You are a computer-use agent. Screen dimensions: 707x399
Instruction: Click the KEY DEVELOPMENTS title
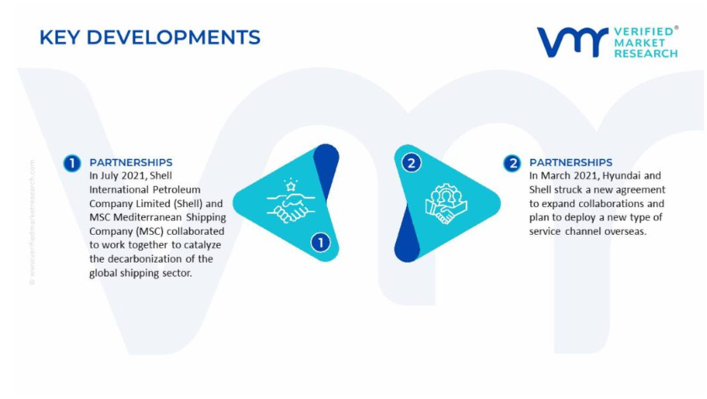150,37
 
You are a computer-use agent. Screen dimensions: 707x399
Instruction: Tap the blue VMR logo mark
572,42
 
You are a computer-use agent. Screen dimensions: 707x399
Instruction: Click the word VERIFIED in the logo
644,32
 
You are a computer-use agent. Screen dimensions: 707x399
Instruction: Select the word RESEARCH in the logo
646,54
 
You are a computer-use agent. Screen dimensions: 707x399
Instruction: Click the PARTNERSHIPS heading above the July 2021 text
131,162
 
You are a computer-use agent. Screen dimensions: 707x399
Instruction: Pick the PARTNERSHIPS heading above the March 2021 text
571,162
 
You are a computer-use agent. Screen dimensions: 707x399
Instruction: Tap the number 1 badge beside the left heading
72,163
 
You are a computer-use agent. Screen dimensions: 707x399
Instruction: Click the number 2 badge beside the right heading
512,163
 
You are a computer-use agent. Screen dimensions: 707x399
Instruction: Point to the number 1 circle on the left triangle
320,242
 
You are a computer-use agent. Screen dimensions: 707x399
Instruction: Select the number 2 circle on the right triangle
411,163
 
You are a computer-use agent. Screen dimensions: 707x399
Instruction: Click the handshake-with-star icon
290,201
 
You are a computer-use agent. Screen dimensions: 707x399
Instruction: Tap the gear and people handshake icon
446,203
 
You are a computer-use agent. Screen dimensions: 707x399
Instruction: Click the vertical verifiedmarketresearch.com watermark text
32,222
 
